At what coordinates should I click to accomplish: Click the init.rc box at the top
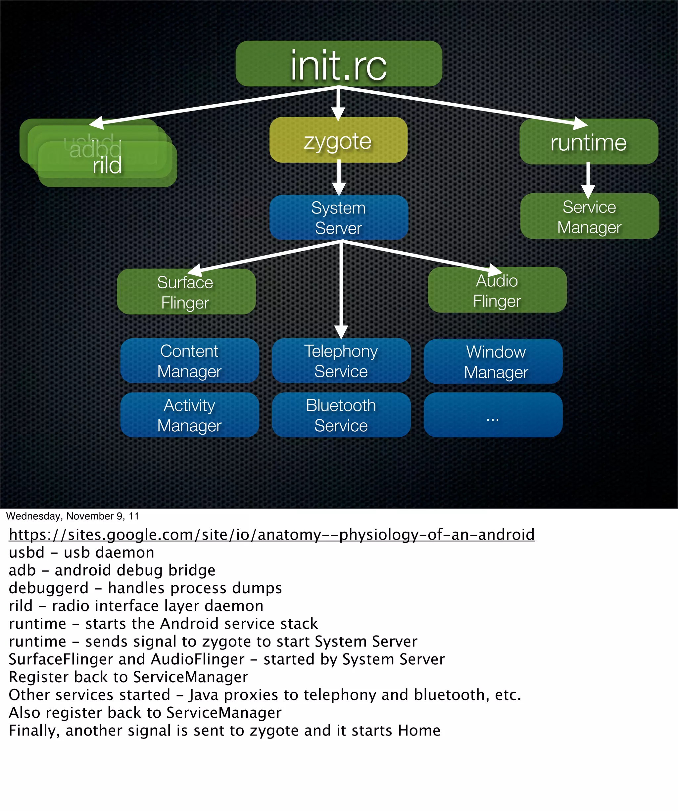(x=338, y=64)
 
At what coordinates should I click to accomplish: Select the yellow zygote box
(x=338, y=140)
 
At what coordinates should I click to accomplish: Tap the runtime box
(x=588, y=142)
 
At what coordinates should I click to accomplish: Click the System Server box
(x=338, y=217)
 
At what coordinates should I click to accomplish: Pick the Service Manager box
(x=589, y=216)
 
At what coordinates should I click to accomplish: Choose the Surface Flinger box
(x=186, y=292)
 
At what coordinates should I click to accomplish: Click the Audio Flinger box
(x=497, y=290)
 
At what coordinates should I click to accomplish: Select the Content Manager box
(x=189, y=361)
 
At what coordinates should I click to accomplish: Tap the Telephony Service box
(x=341, y=361)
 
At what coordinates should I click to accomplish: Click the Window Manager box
(x=493, y=361)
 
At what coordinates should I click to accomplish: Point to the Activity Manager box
(x=189, y=415)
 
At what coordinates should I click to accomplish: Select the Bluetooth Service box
(x=341, y=415)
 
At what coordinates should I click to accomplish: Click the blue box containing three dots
(x=493, y=415)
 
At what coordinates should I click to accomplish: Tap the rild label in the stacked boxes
(x=107, y=166)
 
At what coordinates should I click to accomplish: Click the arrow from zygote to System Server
(x=339, y=178)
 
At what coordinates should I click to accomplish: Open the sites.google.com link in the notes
(x=271, y=535)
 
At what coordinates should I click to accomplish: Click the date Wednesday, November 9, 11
(x=72, y=516)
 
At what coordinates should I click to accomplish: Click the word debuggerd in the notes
(x=49, y=588)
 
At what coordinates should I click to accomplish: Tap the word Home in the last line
(x=419, y=730)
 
